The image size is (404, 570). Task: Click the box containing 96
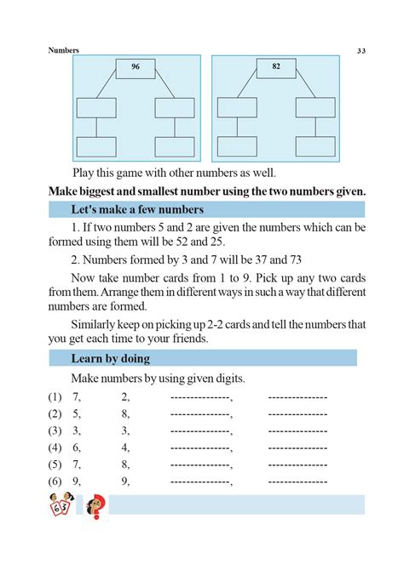pyautogui.click(x=135, y=67)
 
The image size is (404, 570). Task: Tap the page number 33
pyautogui.click(x=362, y=51)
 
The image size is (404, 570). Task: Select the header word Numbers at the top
pyautogui.click(x=64, y=50)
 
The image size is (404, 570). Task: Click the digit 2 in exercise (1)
pyautogui.click(x=125, y=396)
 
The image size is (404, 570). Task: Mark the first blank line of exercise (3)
pyautogui.click(x=201, y=430)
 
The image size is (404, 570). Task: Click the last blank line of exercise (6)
pyautogui.click(x=297, y=482)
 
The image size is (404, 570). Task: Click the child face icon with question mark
pyautogui.click(x=95, y=507)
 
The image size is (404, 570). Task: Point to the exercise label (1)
pyautogui.click(x=55, y=396)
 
